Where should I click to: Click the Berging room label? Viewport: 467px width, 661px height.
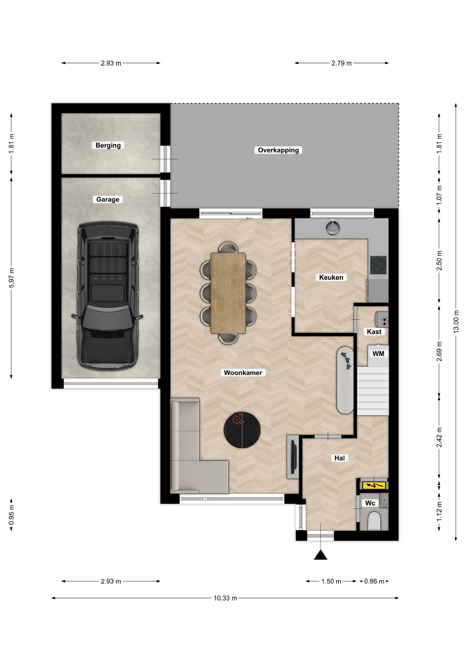108,145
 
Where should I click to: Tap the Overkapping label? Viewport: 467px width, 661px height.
278,150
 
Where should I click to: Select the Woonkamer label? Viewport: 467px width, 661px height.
243,373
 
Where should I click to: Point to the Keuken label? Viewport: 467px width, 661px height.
331,277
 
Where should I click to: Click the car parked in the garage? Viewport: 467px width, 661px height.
108,296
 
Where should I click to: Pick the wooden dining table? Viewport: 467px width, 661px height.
228,293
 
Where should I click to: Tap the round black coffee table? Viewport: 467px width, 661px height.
242,430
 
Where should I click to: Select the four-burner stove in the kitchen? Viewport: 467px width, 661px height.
378,265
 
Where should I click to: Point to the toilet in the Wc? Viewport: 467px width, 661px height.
374,521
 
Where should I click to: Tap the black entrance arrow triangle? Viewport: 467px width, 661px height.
321,555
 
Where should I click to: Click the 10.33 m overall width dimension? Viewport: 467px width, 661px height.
225,598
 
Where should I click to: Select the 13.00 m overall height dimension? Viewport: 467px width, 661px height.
456,322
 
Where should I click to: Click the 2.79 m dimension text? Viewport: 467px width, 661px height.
341,63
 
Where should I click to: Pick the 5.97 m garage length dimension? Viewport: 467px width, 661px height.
11,278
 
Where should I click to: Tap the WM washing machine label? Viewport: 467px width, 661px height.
378,354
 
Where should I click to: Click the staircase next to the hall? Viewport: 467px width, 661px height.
373,391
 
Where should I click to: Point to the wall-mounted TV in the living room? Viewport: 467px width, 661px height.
293,457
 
